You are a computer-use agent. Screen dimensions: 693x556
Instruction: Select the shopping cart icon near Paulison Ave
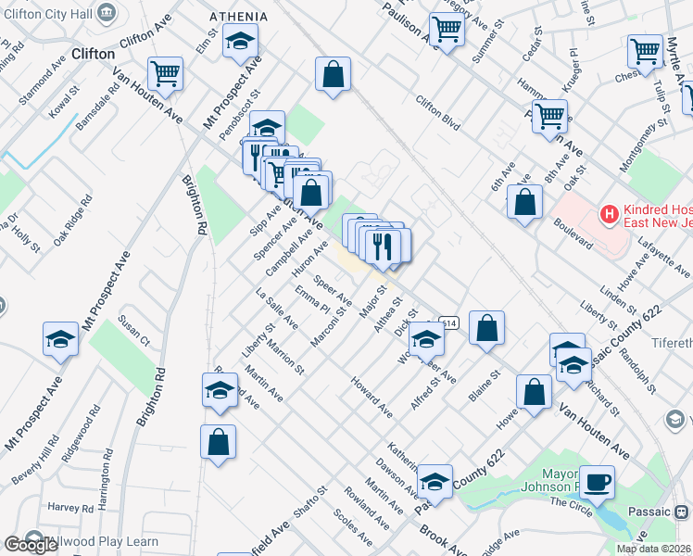coord(447,31)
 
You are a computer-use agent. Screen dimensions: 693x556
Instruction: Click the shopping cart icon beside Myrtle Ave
coord(645,51)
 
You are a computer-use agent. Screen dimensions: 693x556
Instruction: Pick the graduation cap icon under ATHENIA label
coord(241,42)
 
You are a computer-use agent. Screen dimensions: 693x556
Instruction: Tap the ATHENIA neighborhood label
coord(238,17)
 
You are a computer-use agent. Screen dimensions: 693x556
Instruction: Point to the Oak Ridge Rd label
coord(72,220)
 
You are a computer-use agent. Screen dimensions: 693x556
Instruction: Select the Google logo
coord(31,545)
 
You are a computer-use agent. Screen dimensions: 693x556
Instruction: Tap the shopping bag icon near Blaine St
coord(486,328)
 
